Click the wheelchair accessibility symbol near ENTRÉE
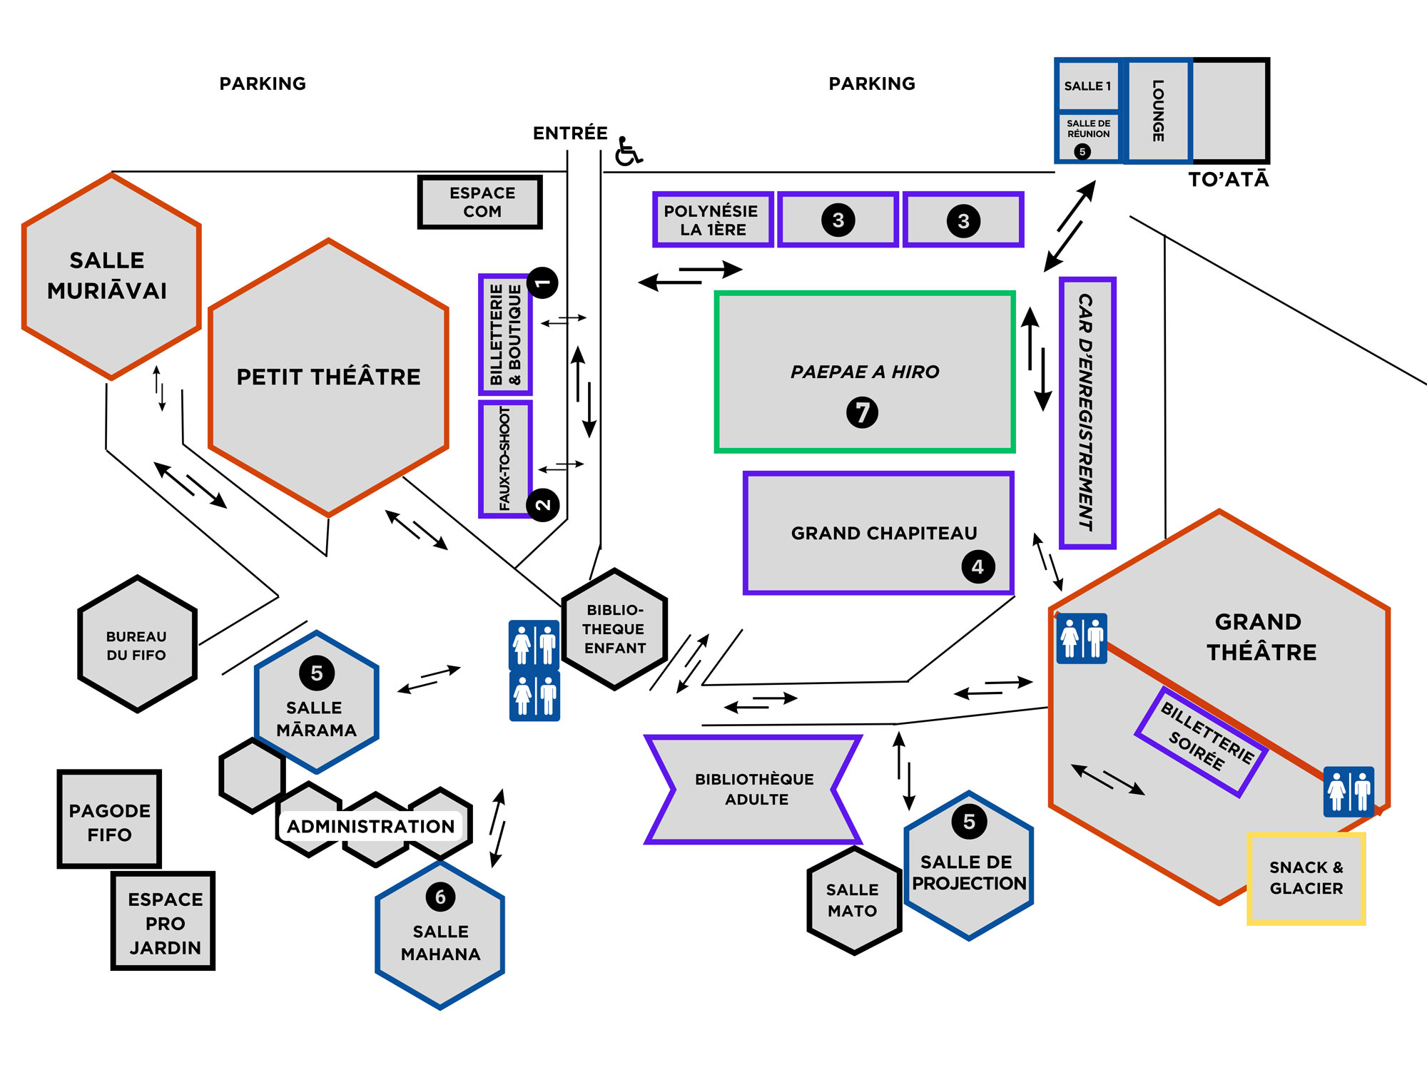tap(628, 151)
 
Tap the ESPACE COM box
tap(480, 203)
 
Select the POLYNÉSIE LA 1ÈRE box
tap(712, 220)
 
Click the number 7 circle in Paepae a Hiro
tap(862, 412)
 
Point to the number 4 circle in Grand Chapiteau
tap(977, 566)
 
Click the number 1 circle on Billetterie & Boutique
tap(542, 283)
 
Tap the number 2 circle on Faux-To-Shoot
tap(543, 505)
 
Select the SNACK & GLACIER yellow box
tap(1306, 879)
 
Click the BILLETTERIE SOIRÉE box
tap(1202, 742)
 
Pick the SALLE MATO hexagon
tap(854, 900)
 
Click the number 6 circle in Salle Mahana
tap(440, 897)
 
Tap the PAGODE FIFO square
tap(109, 820)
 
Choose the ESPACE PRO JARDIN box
tap(163, 921)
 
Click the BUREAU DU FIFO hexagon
tap(136, 644)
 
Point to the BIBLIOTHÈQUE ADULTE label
tap(754, 789)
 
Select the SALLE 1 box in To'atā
tap(1087, 86)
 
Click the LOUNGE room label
tap(1158, 111)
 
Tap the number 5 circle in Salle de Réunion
tap(1082, 151)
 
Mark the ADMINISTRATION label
tap(370, 826)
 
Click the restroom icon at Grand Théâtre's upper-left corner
tap(1082, 638)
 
